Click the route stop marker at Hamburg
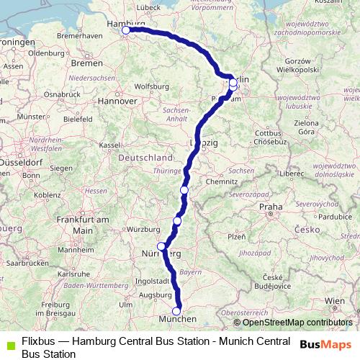126,30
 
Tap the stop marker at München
176,311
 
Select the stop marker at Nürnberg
161,246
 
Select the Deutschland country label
142,158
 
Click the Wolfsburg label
150,87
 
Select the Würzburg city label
143,230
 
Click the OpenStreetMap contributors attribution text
297,323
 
